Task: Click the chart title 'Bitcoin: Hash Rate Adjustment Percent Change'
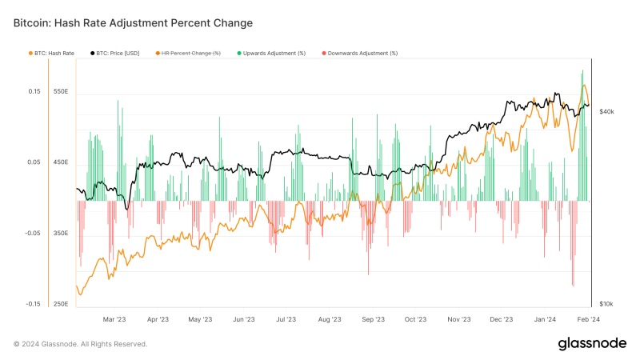pos(133,23)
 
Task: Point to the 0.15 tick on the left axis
pos(34,91)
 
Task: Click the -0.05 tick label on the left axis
pos(32,234)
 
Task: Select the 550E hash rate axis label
pos(61,91)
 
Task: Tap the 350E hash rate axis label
pos(61,234)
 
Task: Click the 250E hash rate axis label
pos(61,304)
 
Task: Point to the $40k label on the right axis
pos(607,111)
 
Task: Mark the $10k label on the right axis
pos(607,304)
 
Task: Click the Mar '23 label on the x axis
pos(114,319)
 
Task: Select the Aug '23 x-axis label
pos(330,319)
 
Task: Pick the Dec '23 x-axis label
pos(501,319)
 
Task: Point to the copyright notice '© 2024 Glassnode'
pos(80,344)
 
